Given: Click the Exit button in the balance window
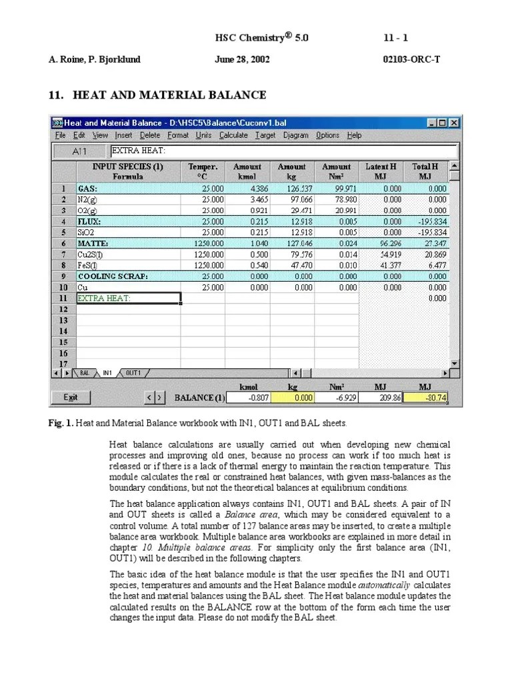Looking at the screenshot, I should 70,398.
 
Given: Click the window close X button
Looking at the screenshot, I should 453,123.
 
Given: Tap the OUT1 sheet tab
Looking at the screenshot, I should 133,373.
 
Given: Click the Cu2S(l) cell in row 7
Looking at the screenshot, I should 128,254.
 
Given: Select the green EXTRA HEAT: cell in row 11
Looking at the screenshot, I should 128,298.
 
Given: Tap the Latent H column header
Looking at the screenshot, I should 381,171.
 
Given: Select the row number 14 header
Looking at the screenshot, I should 63,331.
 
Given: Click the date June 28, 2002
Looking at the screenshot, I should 242,59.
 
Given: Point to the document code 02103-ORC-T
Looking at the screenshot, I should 409,59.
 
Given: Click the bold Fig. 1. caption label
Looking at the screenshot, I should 61,423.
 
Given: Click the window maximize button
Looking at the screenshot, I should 443,123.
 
